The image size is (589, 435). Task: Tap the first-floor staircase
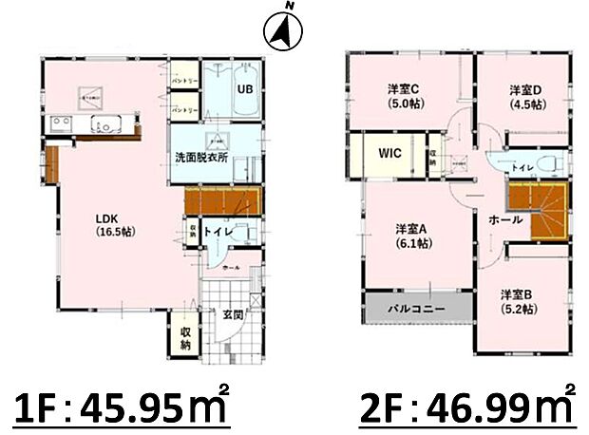(222, 201)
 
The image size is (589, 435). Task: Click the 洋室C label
(404, 96)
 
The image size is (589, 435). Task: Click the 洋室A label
(414, 235)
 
